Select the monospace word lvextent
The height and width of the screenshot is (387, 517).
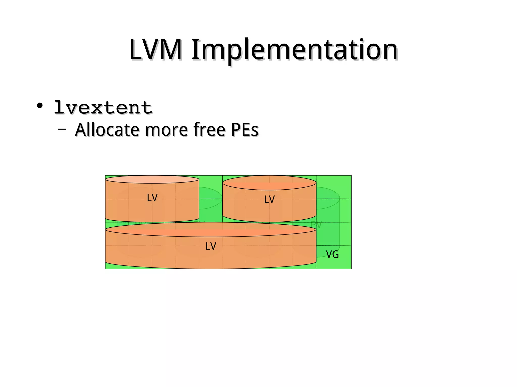(103, 108)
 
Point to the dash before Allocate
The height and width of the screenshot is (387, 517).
(62, 129)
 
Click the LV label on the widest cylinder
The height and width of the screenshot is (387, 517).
(211, 246)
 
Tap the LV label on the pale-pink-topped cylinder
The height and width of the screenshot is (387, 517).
(152, 198)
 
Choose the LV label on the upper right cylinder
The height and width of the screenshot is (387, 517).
(269, 199)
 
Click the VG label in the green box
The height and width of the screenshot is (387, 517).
(332, 254)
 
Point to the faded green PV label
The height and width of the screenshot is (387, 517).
(316, 225)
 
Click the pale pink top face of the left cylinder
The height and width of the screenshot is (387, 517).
(152, 179)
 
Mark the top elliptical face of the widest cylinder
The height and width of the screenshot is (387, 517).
(211, 229)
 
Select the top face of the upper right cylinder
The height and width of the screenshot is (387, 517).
(269, 183)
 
